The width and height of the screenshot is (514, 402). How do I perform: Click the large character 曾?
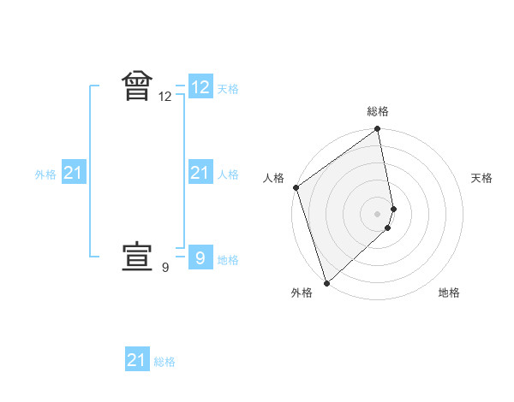pyautogui.click(x=137, y=87)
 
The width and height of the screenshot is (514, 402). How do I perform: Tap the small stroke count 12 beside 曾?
pyautogui.click(x=165, y=98)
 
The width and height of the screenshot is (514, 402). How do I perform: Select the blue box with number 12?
pyautogui.click(x=200, y=87)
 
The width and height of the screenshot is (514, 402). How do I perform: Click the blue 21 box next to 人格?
pyautogui.click(x=200, y=174)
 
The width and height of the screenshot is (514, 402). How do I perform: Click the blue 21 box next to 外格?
pyautogui.click(x=73, y=174)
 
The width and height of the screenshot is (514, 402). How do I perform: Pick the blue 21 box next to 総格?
pyautogui.click(x=137, y=360)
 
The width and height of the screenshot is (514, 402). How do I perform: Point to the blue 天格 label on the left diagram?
pyautogui.click(x=228, y=89)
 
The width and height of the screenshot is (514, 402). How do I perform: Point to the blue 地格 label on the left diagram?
pyautogui.click(x=228, y=259)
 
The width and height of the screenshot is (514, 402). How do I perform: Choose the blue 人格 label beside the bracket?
pyautogui.click(x=228, y=174)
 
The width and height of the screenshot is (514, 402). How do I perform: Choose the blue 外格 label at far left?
pyautogui.click(x=45, y=174)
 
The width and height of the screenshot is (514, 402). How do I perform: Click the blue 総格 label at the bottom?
pyautogui.click(x=164, y=362)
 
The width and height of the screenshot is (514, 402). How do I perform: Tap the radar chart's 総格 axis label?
pyautogui.click(x=378, y=111)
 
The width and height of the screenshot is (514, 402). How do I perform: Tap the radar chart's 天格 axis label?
pyautogui.click(x=481, y=178)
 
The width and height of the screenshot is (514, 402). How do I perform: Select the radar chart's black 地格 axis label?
pyautogui.click(x=449, y=293)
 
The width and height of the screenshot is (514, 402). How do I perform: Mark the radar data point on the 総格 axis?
pyautogui.click(x=378, y=130)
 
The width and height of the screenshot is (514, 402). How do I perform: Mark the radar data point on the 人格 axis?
pyautogui.click(x=296, y=187)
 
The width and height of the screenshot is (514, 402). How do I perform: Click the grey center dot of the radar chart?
pyautogui.click(x=378, y=213)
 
